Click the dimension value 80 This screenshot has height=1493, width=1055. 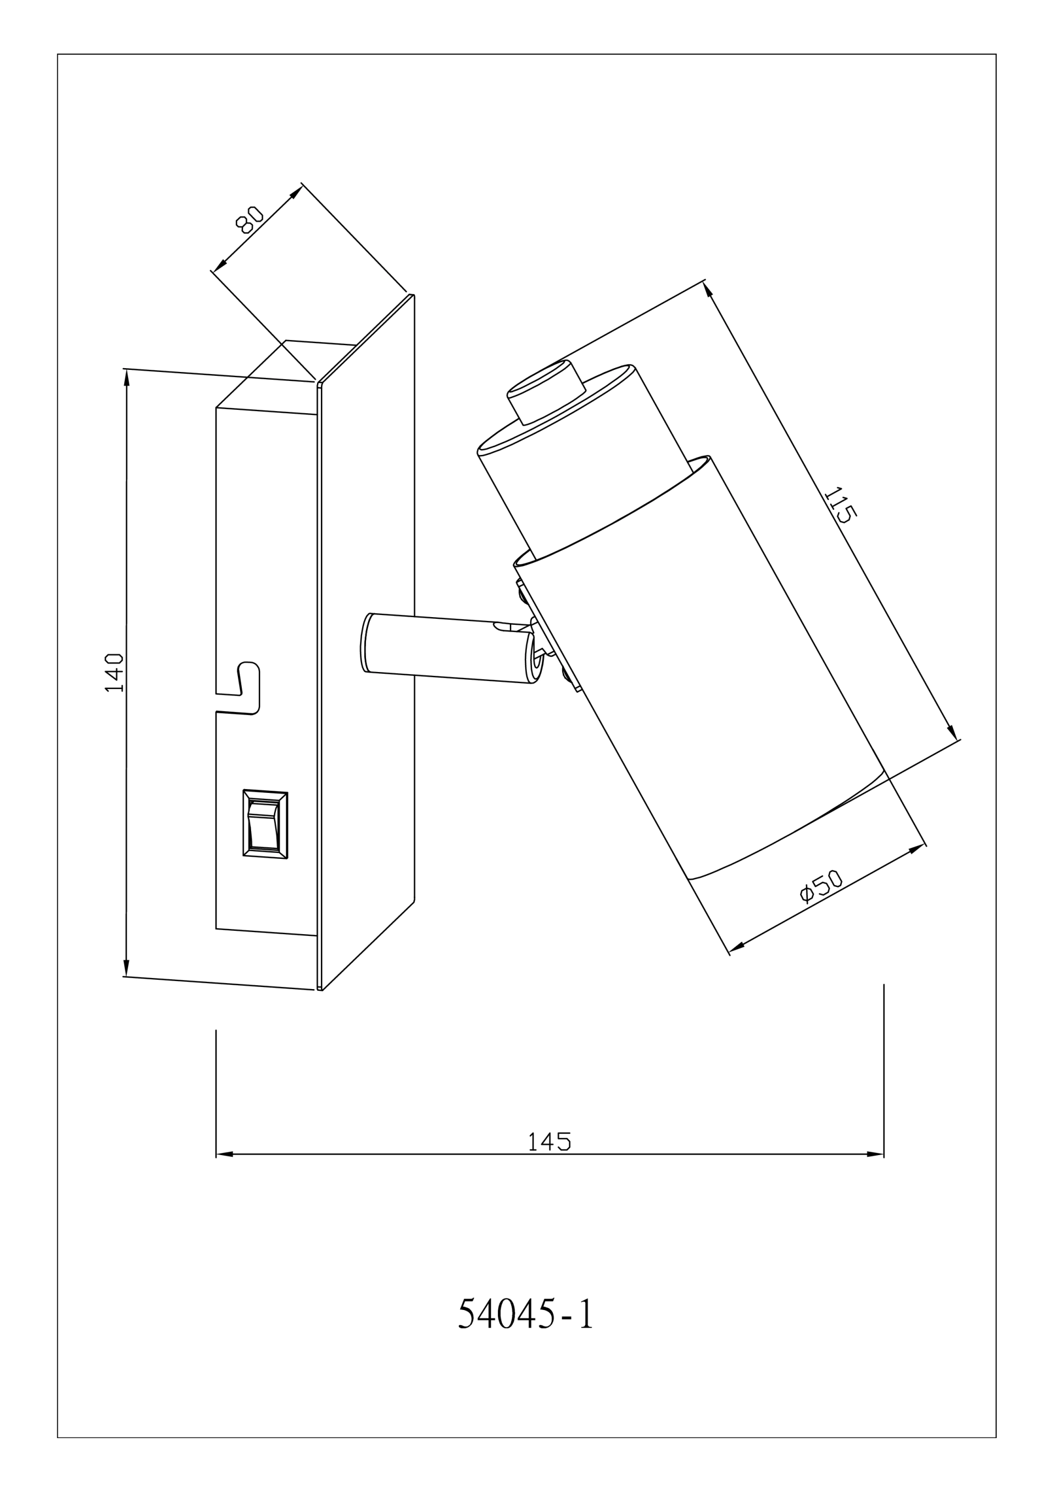point(249,219)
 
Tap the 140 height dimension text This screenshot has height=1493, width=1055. point(114,673)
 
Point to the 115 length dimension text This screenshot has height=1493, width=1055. point(840,504)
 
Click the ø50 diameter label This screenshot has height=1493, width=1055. point(821,886)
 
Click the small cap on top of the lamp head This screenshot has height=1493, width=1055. point(546,393)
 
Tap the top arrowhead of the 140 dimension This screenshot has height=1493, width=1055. point(127,378)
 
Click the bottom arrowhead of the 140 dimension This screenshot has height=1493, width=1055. point(126,968)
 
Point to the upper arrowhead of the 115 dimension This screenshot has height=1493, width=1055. point(708,290)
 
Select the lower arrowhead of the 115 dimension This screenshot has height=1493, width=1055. point(952,731)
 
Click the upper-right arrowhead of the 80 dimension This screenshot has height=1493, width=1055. point(296,192)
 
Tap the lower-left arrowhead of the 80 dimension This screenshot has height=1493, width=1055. point(220,265)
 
